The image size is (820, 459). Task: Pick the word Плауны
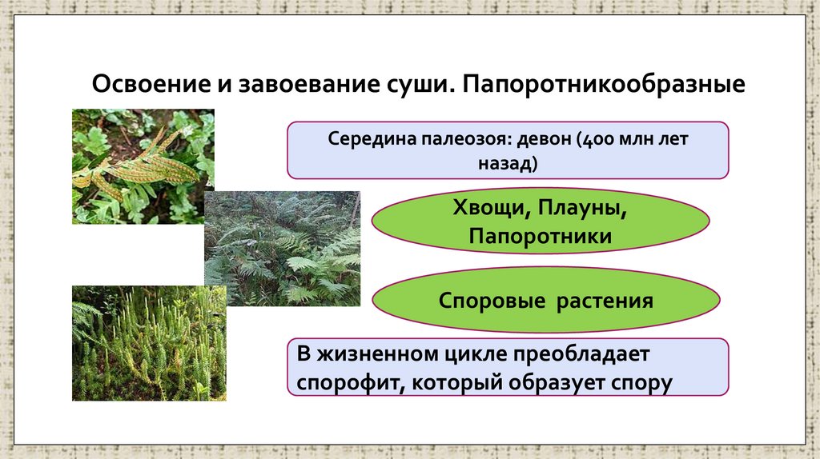pos(582,210)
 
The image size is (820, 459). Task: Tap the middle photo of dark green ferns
pos(282,249)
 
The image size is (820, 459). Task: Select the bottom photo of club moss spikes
pos(149,343)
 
